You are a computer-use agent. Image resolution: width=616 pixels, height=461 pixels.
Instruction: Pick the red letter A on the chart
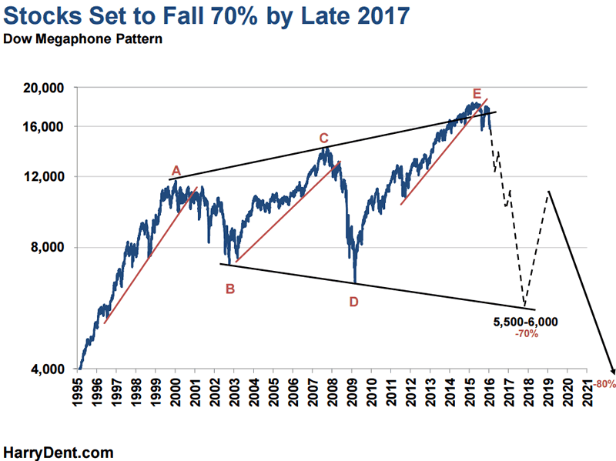(176, 170)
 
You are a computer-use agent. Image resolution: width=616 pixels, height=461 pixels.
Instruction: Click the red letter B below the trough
(229, 289)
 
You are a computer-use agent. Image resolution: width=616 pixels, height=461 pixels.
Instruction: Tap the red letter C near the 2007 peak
(324, 138)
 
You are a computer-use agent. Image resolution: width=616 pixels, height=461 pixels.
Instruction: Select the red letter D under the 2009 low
(353, 302)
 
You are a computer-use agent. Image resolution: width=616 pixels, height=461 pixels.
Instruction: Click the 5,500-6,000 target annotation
(526, 321)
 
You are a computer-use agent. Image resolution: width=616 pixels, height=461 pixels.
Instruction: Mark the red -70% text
(527, 334)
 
